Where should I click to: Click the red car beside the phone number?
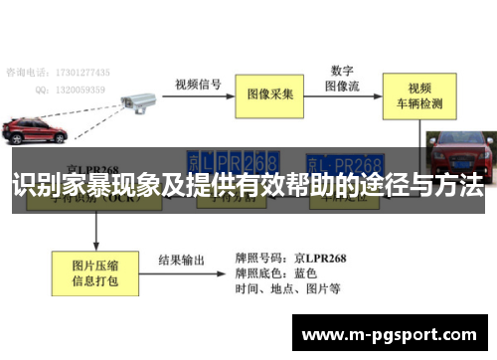click(x=34, y=130)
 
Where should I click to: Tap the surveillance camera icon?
click(x=133, y=98)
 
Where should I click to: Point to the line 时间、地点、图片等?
click(x=288, y=289)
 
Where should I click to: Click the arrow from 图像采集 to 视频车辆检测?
click(x=341, y=96)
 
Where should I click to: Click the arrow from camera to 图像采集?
click(x=199, y=96)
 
